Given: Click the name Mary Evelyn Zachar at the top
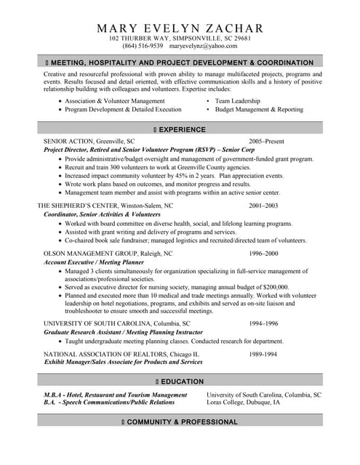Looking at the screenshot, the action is point(180,28).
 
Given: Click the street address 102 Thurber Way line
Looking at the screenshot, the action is point(180,37).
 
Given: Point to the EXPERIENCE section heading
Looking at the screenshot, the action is point(182,129).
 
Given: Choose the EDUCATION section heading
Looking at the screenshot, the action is point(182,381).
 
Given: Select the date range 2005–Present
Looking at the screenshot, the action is point(267,140).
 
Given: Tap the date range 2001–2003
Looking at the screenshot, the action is point(263,206).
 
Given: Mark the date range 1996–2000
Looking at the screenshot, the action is point(263,253).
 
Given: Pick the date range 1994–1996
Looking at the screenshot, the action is point(263,323).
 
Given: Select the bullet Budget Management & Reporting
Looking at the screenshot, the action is point(260,109).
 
